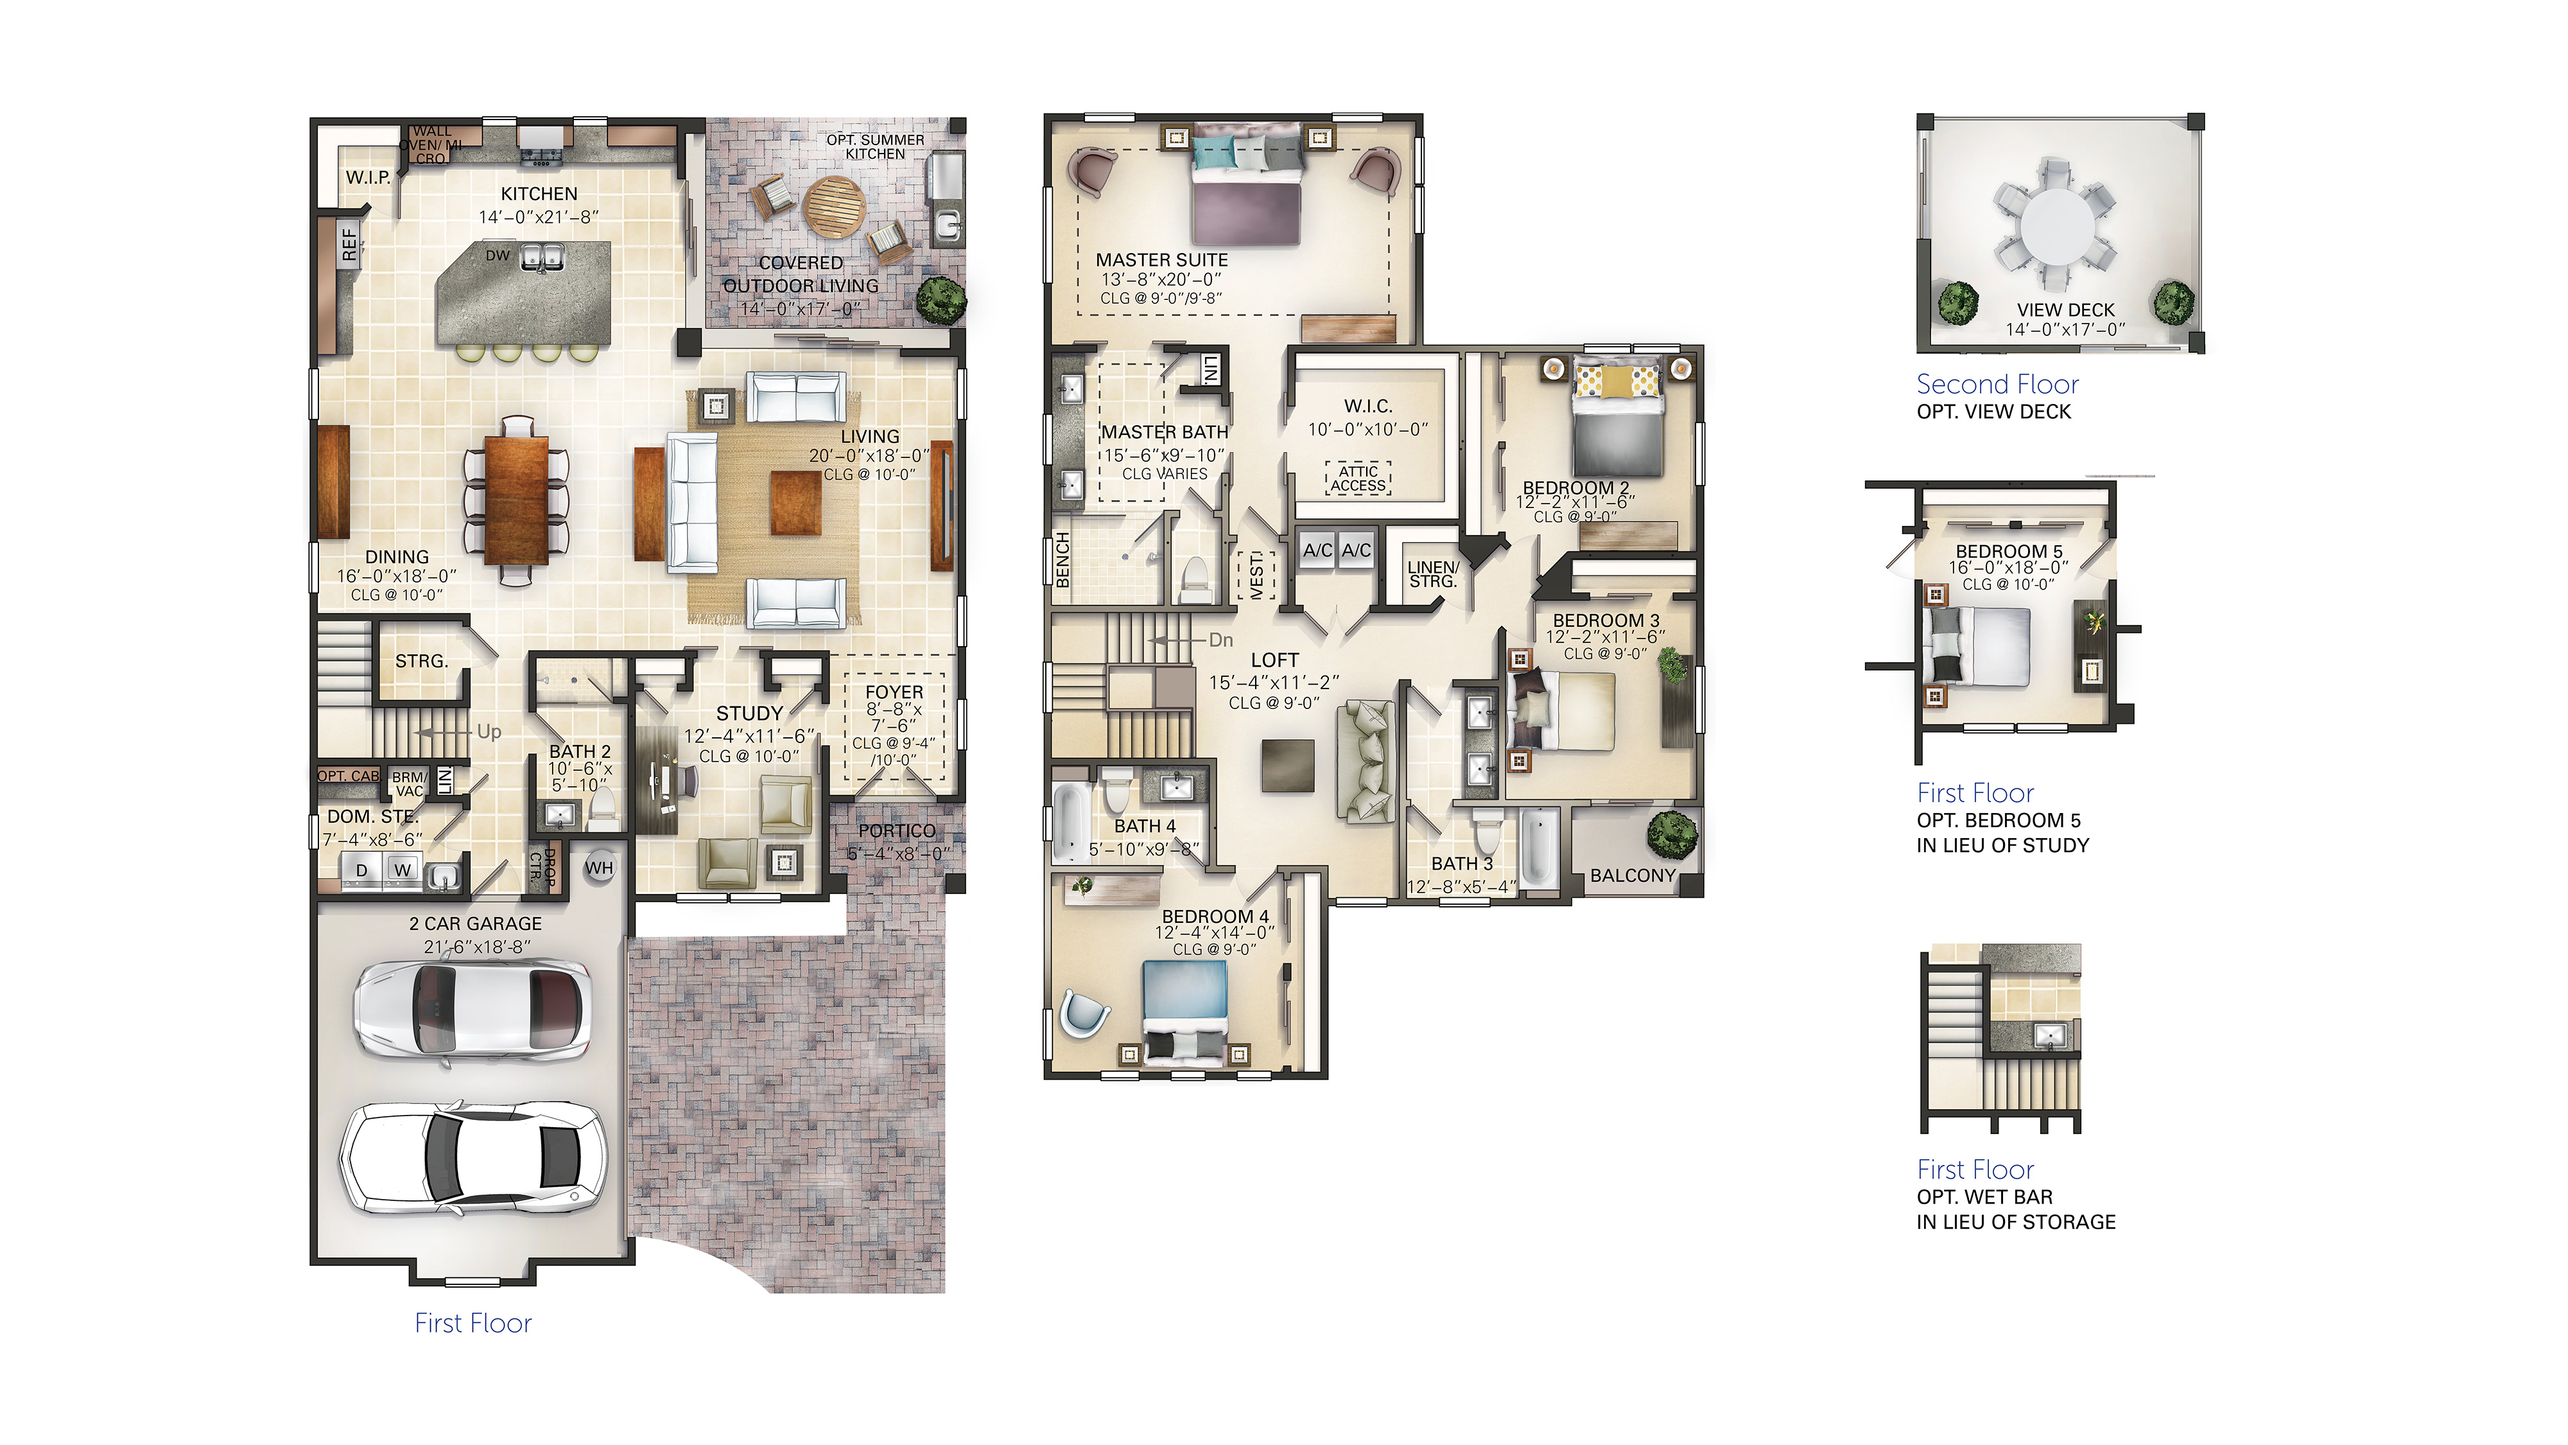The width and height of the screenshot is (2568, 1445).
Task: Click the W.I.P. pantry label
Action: coord(368,177)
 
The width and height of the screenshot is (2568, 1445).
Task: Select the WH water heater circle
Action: coord(599,868)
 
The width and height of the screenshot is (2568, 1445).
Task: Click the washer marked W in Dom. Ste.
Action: coord(402,870)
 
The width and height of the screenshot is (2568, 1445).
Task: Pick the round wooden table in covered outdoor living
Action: coord(833,206)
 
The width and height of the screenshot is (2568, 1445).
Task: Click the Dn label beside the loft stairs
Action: coord(1221,640)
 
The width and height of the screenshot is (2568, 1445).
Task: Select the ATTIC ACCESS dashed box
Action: coord(1358,478)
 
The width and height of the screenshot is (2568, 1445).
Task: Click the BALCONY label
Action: coord(1633,875)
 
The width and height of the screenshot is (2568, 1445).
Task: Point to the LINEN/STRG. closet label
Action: coord(1432,574)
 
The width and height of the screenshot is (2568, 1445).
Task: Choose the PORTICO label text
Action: coord(898,830)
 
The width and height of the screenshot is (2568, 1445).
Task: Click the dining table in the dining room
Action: coord(516,502)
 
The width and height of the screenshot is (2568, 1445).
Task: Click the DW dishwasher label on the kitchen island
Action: coord(498,256)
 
